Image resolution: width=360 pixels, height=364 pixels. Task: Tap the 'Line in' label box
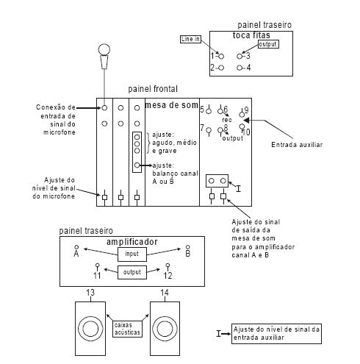pos(190,39)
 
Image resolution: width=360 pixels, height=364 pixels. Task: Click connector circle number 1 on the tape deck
pos(221,57)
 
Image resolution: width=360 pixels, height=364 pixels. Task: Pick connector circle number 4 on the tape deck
pos(240,68)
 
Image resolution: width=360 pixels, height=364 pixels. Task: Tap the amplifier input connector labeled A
pos(76,247)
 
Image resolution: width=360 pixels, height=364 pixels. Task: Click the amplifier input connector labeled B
pos(188,247)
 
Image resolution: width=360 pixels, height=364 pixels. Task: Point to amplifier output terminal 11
pos(98,266)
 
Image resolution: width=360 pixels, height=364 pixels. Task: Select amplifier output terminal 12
pos(168,266)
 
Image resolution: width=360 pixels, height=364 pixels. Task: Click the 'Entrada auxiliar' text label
pos(297,145)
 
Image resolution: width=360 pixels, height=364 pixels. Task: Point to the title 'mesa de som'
pos(171,105)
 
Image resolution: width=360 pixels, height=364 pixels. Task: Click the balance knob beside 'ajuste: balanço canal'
pos(137,165)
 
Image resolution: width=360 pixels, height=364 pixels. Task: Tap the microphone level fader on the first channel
pos(104,197)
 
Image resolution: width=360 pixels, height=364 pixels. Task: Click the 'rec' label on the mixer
pos(227,120)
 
